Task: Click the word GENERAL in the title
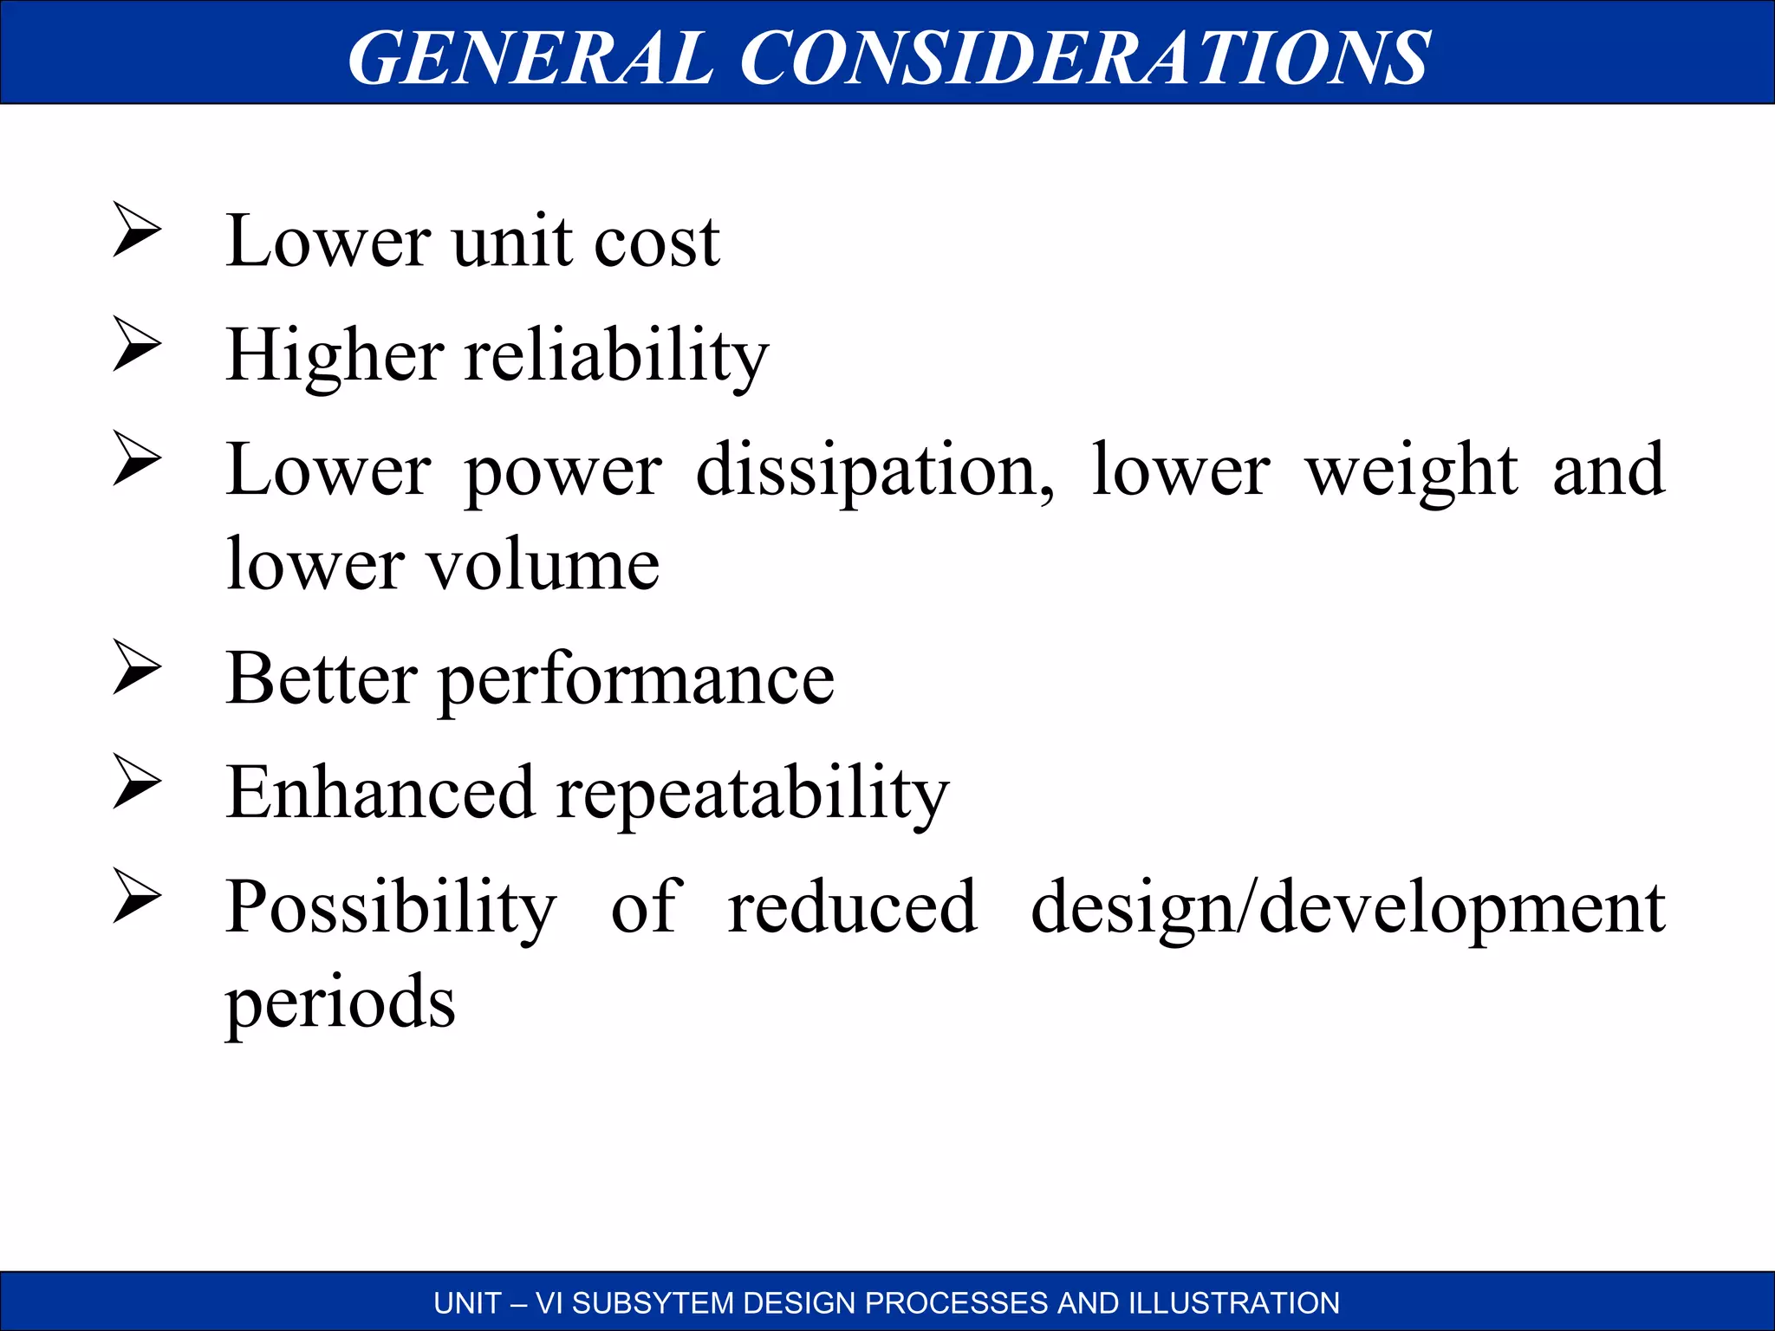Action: coord(530,57)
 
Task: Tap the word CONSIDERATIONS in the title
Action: coord(1084,57)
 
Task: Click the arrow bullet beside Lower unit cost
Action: coord(137,230)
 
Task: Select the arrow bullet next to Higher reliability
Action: coord(137,344)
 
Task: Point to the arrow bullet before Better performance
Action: coord(137,667)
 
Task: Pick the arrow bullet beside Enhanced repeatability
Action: coord(137,782)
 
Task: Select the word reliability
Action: coord(616,356)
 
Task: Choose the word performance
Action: coord(637,680)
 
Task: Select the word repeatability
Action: coord(752,795)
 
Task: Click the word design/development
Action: coord(1348,909)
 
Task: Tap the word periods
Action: coord(340,1003)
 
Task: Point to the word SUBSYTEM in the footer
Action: coord(653,1302)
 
